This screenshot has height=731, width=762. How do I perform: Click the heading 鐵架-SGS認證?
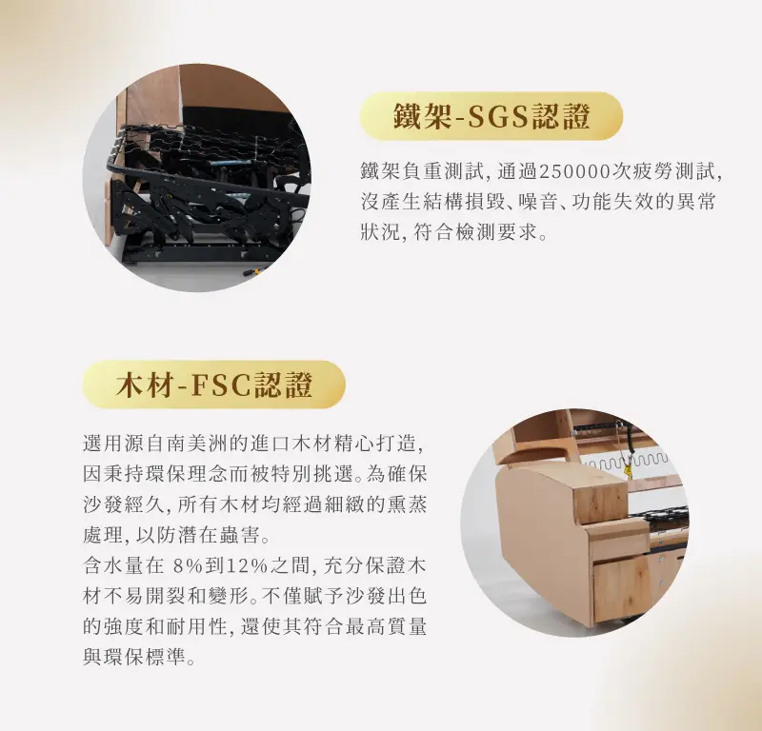[x=491, y=116]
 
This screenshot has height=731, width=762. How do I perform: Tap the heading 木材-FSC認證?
[x=213, y=385]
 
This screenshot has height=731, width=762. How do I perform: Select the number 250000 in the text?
[x=574, y=172]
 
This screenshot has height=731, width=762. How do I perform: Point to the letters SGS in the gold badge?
[x=497, y=116]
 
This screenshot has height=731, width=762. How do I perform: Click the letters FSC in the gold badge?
[x=221, y=385]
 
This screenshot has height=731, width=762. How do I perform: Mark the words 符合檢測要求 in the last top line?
[x=474, y=232]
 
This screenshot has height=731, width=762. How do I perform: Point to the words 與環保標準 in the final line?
[x=133, y=657]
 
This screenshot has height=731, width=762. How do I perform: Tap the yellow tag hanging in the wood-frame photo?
[x=630, y=472]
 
